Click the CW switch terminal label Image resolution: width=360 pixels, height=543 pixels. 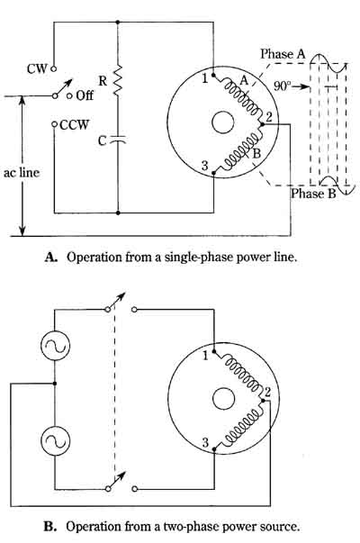pyautogui.click(x=37, y=68)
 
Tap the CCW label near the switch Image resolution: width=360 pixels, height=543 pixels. pyautogui.click(x=75, y=124)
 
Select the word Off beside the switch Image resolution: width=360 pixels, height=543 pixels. pyautogui.click(x=85, y=95)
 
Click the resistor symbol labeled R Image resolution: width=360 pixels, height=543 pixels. pyautogui.click(x=118, y=80)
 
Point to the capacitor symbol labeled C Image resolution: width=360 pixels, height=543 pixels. pyautogui.click(x=118, y=140)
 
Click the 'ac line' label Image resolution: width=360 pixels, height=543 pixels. pyautogui.click(x=22, y=173)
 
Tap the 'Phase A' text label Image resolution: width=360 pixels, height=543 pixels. pyautogui.click(x=283, y=54)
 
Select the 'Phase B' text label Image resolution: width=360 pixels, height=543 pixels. pyautogui.click(x=313, y=194)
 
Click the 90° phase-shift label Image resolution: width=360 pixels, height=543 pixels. pyautogui.click(x=281, y=86)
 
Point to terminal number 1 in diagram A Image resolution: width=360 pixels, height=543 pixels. pyautogui.click(x=205, y=78)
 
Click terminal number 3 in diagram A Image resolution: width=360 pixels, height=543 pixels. pyautogui.click(x=205, y=166)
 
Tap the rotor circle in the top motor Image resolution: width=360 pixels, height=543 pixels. pyautogui.click(x=223, y=122)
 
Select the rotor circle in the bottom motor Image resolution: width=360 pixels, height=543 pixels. pyautogui.click(x=223, y=399)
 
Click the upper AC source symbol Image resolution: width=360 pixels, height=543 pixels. pyautogui.click(x=55, y=346)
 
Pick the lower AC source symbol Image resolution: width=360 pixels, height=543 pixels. pyautogui.click(x=55, y=441)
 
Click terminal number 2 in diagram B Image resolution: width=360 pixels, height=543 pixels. pyautogui.click(x=267, y=393)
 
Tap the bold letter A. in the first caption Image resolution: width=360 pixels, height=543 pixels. pyautogui.click(x=50, y=257)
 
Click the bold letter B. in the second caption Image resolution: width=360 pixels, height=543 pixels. pyautogui.click(x=49, y=527)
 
